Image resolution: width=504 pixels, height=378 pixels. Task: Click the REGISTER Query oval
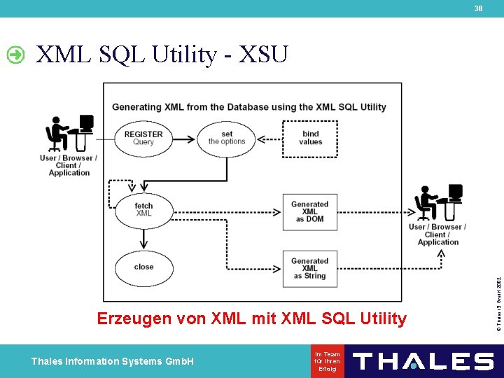[143, 138]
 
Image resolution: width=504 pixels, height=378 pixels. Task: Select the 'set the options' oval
[227, 138]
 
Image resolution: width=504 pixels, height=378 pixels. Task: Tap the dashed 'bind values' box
[310, 138]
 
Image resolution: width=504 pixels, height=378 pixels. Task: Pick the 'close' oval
[143, 267]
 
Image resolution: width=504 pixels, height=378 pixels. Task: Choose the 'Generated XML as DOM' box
[309, 212]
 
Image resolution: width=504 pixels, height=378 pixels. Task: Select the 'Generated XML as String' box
[309, 269]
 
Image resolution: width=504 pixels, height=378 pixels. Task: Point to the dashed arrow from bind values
[269, 138]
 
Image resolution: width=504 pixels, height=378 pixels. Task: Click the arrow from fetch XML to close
[143, 239]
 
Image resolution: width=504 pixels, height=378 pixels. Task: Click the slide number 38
[478, 8]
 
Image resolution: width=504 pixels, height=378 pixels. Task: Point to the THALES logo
[423, 361]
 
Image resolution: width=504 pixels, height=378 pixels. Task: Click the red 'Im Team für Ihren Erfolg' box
[328, 361]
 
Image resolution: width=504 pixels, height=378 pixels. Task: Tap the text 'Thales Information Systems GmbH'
[112, 361]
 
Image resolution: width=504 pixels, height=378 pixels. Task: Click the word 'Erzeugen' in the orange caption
[133, 319]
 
